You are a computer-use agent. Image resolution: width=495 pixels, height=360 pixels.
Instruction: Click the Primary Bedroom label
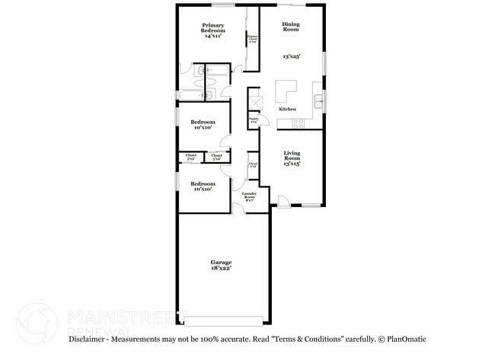pyautogui.click(x=212, y=30)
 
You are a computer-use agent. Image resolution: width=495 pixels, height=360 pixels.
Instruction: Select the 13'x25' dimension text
pyautogui.click(x=291, y=56)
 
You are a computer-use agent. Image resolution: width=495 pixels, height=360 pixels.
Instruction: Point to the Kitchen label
pyautogui.click(x=287, y=110)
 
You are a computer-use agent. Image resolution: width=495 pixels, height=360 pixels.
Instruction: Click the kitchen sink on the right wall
pyautogui.click(x=318, y=100)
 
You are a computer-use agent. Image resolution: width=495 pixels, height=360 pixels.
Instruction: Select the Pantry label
pyautogui.click(x=254, y=119)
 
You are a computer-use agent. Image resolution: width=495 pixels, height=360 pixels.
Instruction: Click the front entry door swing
pyautogui.click(x=283, y=201)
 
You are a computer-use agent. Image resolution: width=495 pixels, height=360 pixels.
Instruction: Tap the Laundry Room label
pyautogui.click(x=249, y=196)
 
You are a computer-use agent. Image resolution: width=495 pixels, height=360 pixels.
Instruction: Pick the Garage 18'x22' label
pyautogui.click(x=222, y=265)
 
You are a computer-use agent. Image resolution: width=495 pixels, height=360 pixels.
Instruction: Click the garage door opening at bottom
pyautogui.click(x=223, y=320)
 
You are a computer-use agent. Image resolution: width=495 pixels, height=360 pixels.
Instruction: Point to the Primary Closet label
pyautogui.click(x=252, y=40)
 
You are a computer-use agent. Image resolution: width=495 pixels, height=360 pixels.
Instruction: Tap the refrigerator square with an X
pyautogui.click(x=255, y=100)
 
